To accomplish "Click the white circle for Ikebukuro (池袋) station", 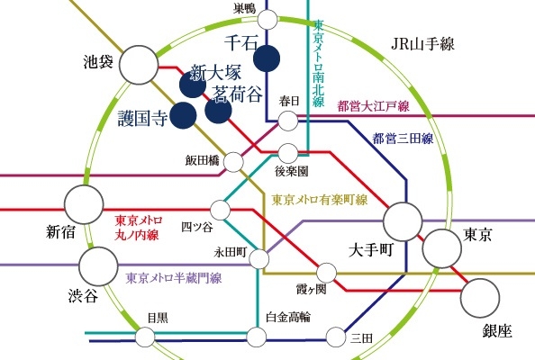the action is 139,65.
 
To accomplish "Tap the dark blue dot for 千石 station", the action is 267,58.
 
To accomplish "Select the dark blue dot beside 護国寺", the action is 183,115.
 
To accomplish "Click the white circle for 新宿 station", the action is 84,204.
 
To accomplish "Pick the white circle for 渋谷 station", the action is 98,266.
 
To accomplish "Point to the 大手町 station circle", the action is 403,221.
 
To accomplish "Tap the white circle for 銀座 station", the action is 480,298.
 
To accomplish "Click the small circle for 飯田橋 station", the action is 233,162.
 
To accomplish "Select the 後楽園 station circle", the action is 288,153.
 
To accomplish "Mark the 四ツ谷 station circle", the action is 221,210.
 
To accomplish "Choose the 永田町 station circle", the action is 259,259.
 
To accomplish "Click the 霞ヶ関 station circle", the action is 327,273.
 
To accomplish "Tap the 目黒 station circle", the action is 145,337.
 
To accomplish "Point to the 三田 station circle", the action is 336,337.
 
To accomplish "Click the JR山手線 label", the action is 422,44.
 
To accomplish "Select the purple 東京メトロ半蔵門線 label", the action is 174,278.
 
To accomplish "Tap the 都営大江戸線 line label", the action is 373,106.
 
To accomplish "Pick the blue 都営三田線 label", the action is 403,139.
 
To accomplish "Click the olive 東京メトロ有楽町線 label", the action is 320,200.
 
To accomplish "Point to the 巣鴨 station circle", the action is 267,20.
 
